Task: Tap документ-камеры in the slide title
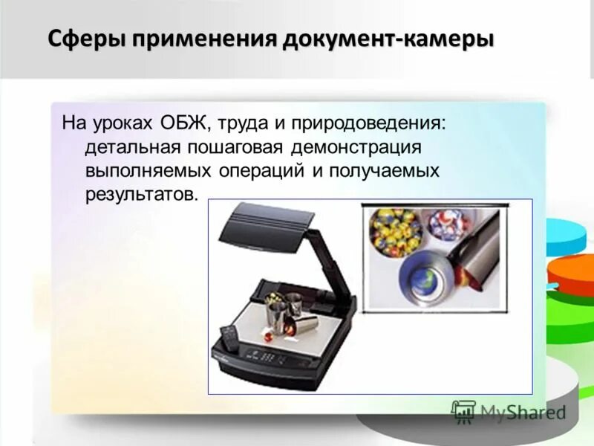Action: (387, 38)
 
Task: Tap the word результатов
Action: (142, 195)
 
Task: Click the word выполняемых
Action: (148, 170)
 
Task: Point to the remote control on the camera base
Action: (229, 339)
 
